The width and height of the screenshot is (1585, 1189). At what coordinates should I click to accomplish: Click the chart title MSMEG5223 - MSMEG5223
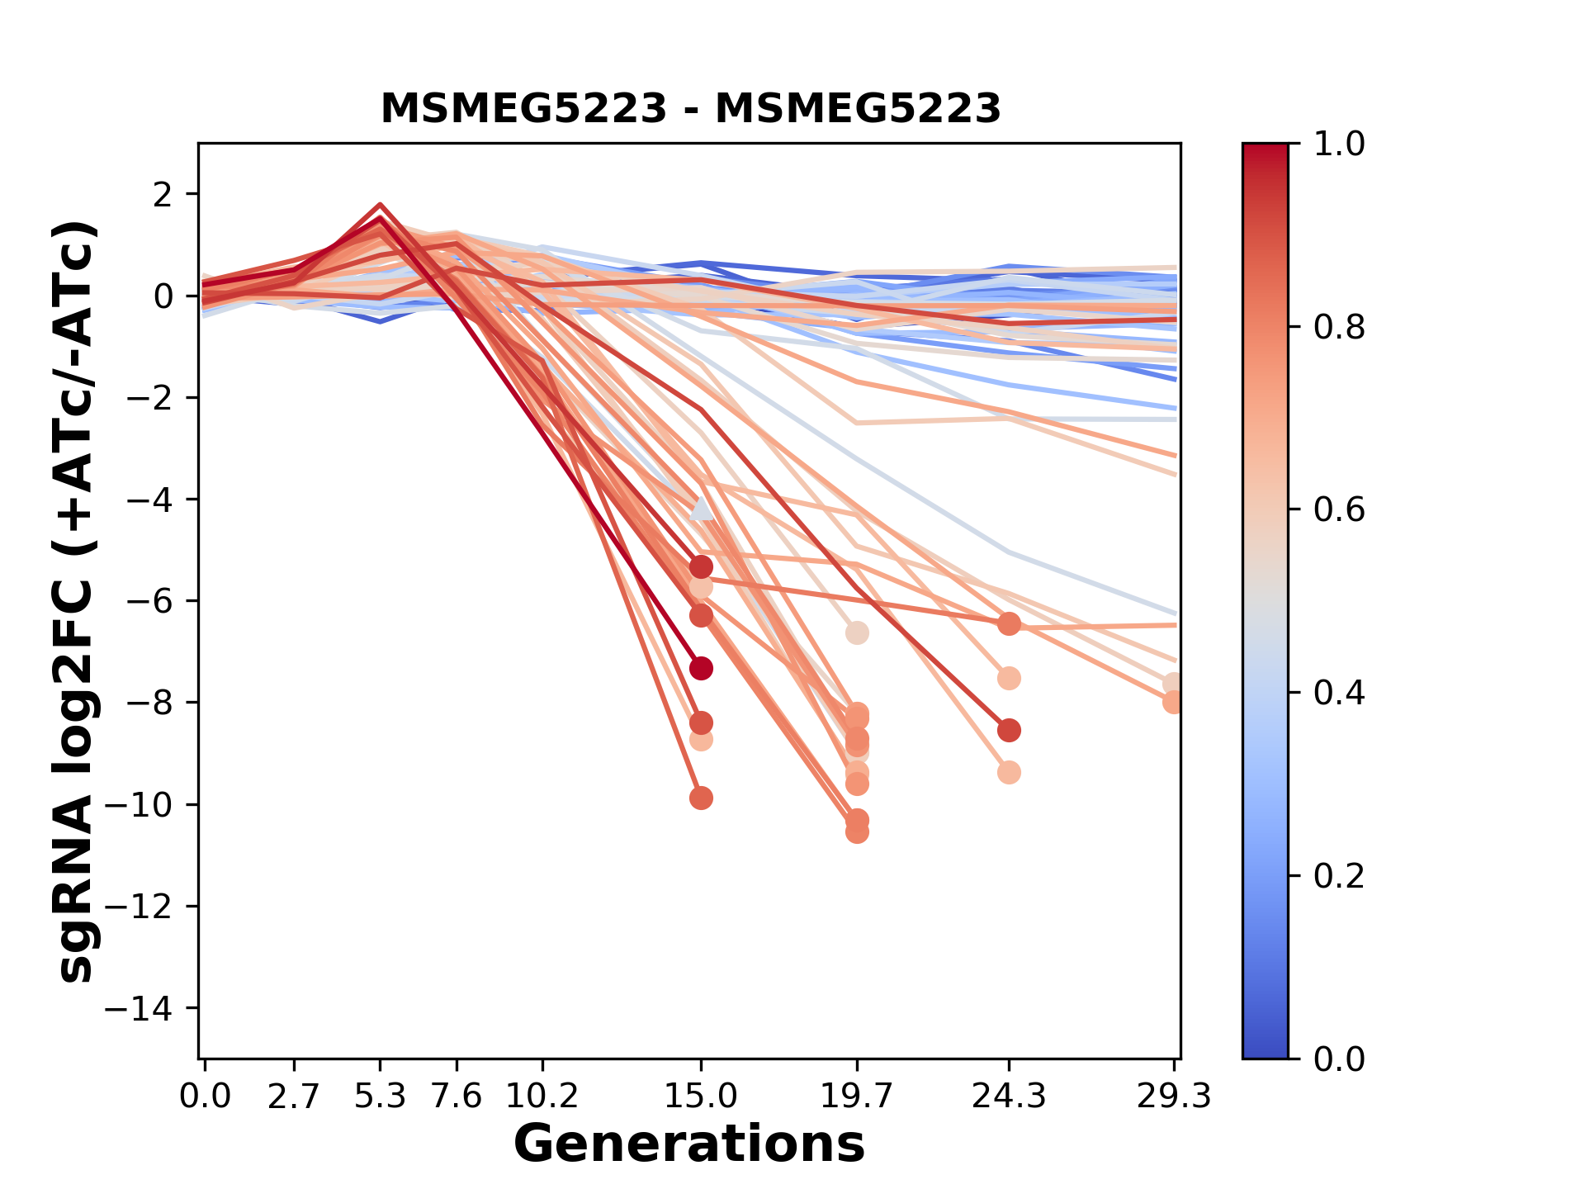tap(690, 108)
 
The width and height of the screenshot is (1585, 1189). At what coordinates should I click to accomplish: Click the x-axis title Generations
tap(689, 1144)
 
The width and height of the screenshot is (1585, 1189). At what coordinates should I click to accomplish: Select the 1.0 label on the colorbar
tap(1339, 144)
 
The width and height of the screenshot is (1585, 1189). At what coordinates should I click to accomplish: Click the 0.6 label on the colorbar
tap(1339, 510)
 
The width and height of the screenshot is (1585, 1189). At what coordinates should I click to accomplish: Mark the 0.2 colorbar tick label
tap(1339, 876)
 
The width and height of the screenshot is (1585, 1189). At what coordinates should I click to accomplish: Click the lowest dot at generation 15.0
tap(701, 798)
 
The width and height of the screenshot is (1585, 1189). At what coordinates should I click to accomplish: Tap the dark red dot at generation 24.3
tap(1009, 731)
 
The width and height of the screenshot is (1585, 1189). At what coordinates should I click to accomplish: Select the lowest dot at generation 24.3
tap(1009, 773)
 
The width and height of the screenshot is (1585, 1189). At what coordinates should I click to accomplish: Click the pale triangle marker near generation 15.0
tap(701, 509)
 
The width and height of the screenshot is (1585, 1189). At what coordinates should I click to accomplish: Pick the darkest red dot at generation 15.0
tap(701, 668)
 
